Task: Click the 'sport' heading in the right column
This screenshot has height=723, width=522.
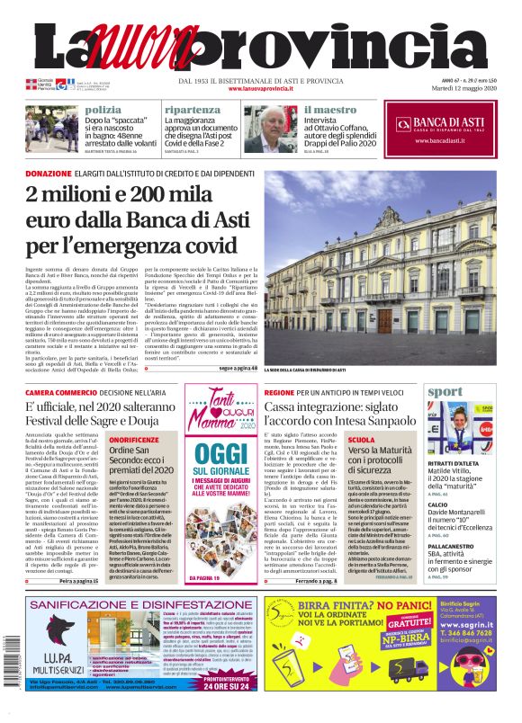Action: coord(446,392)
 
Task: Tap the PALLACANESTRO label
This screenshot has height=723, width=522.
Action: coord(459,546)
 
